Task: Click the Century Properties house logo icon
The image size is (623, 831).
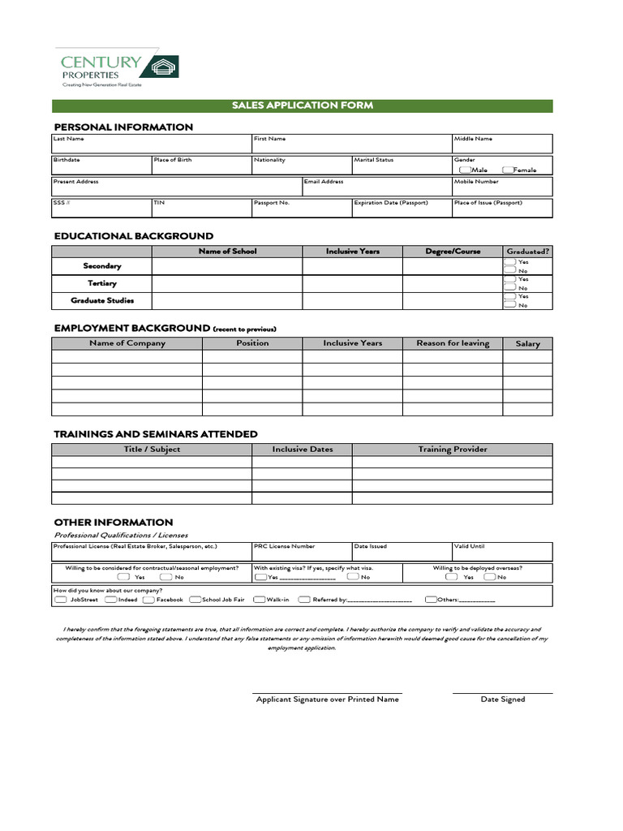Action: click(164, 67)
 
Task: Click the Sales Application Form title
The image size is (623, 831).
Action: click(303, 105)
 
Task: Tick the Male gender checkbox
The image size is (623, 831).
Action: click(465, 170)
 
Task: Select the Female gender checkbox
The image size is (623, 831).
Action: click(507, 170)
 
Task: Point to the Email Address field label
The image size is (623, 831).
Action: click(324, 182)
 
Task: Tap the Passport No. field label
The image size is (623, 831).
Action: click(271, 203)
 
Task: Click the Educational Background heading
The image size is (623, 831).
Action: click(134, 236)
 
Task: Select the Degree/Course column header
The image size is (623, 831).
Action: click(453, 252)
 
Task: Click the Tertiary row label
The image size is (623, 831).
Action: click(102, 283)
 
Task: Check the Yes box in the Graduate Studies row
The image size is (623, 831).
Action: click(509, 297)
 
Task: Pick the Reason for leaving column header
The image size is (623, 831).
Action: click(453, 343)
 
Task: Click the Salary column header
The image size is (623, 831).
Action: click(527, 344)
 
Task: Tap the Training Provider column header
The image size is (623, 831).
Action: click(453, 450)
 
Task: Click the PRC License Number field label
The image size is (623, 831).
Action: click(284, 547)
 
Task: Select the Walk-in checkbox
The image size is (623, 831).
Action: click(260, 600)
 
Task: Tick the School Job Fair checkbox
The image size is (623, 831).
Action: click(195, 600)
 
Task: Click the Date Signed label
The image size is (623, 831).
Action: click(503, 700)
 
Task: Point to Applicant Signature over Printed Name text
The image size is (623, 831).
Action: click(327, 700)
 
